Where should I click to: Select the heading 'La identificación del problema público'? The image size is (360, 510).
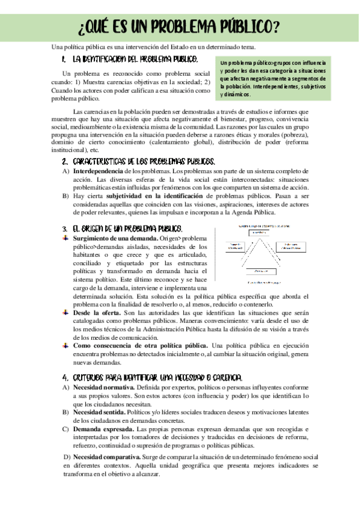coord(135,60)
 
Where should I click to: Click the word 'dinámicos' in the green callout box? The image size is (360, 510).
coord(236,94)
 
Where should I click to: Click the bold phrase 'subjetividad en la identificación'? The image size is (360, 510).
coord(154,196)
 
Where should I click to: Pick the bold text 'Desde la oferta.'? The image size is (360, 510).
coord(96,313)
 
